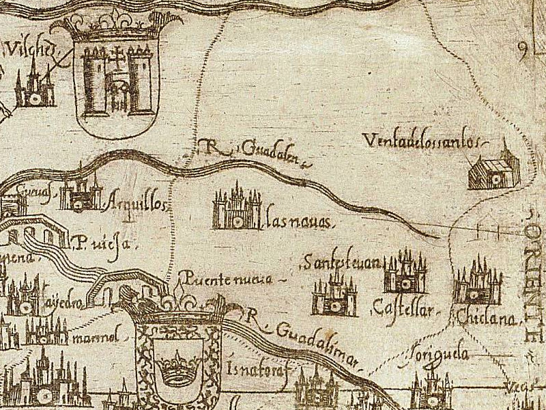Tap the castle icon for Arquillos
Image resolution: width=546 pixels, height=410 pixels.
point(80,195)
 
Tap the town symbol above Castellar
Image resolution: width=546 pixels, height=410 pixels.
point(405,273)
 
